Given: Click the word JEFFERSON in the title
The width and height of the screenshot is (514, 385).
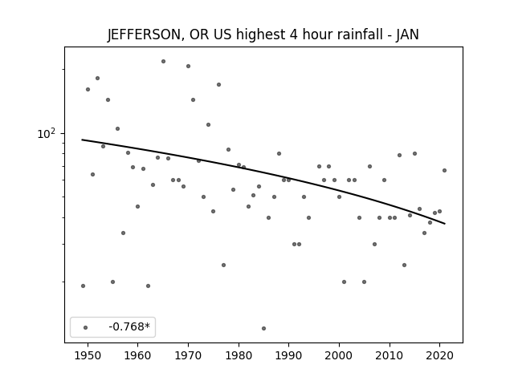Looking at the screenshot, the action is tap(144, 34).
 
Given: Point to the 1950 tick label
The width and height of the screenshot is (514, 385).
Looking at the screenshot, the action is tap(88, 356).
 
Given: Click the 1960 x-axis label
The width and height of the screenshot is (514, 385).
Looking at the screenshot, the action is tap(137, 356).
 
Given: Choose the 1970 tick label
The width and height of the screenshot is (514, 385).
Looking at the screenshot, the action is tap(188, 356).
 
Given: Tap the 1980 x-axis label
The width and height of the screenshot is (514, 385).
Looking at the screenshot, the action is tap(239, 356).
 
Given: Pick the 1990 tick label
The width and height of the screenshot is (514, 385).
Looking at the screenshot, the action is tap(289, 356).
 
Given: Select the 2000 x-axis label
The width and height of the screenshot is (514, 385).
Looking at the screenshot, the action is tap(339, 356).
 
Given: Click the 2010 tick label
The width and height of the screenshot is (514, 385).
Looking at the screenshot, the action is tap(390, 356).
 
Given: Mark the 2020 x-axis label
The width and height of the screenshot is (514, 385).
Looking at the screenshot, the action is tap(440, 356).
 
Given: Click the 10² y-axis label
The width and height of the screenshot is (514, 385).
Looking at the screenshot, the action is tap(47, 133).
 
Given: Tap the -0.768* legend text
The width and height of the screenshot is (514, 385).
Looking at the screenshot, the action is tap(129, 326).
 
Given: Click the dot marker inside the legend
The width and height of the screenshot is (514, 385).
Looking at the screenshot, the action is tap(86, 327).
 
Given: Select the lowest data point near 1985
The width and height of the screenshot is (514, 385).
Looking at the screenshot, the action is tap(264, 328).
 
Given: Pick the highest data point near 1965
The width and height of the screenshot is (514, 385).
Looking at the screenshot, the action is tap(163, 62).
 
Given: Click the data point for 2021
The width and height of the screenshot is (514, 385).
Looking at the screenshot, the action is tap(444, 171).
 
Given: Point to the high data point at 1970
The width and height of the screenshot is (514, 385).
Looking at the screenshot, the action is tap(188, 66).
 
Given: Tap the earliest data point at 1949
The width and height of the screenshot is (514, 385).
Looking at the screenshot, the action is tap(83, 286).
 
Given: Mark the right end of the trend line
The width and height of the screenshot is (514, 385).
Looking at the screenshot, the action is tap(445, 224).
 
